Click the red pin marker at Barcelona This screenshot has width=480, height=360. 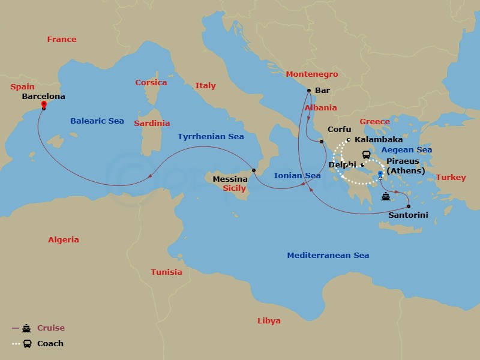click(x=44, y=105)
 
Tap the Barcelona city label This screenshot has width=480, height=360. click(x=43, y=95)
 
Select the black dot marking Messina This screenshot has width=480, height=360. click(x=254, y=170)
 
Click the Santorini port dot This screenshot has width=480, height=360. click(x=409, y=206)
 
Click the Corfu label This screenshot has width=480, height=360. click(x=339, y=129)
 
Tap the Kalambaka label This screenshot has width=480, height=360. click(x=379, y=139)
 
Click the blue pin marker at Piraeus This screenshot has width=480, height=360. click(x=380, y=175)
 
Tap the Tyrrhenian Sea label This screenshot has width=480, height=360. click(x=211, y=137)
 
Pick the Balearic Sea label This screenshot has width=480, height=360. click(x=97, y=121)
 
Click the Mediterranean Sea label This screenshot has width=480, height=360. click(x=328, y=255)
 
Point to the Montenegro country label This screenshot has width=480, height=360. click(x=311, y=74)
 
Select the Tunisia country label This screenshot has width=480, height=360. click(x=166, y=272)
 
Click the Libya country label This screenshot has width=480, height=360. click(x=268, y=320)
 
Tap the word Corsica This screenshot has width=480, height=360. click(x=151, y=82)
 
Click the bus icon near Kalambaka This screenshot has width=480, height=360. click(x=366, y=154)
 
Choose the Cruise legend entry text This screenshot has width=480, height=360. click(x=51, y=328)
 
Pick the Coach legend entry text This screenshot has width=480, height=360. click(x=50, y=344)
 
